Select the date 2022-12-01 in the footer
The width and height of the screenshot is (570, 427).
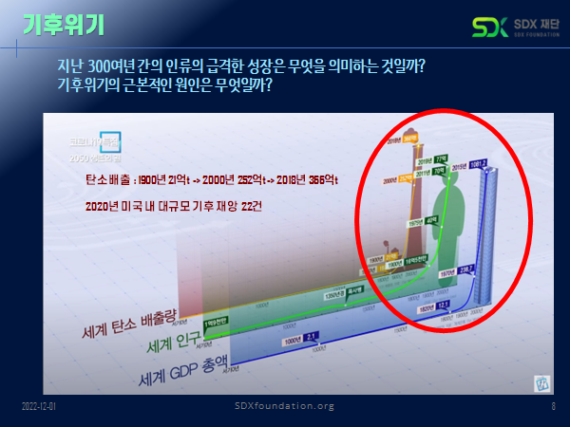tap(40, 406)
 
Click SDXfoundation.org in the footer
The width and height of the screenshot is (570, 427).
tap(284, 406)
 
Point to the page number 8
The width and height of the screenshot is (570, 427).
tap(553, 406)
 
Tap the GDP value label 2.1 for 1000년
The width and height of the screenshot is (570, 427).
tap(311, 334)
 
